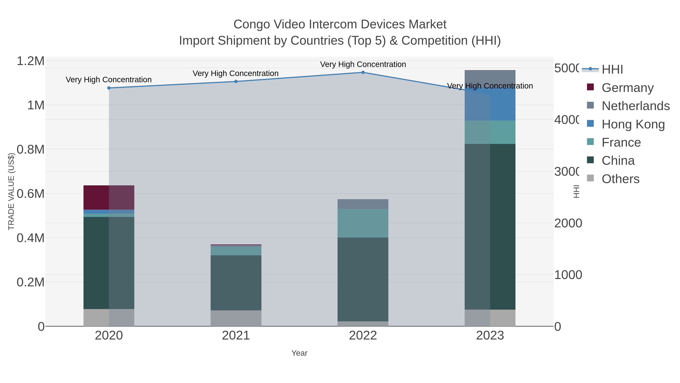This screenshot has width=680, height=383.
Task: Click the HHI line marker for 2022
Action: tap(363, 72)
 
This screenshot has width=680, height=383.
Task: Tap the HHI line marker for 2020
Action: tap(109, 88)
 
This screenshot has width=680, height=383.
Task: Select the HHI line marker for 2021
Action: tap(236, 81)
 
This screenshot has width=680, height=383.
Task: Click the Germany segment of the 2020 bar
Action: tap(109, 197)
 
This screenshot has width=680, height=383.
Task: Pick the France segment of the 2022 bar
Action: tap(363, 223)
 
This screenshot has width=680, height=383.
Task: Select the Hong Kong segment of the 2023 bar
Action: tap(490, 104)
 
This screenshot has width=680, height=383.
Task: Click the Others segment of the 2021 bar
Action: tap(236, 318)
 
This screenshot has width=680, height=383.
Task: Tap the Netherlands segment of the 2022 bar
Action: tap(363, 204)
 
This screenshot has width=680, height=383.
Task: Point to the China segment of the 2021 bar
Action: tap(236, 283)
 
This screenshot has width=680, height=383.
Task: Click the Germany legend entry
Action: tap(627, 88)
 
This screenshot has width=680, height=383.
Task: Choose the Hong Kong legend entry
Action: tap(633, 124)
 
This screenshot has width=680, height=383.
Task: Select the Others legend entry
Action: tap(620, 179)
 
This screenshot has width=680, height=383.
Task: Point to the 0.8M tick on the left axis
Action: tap(31, 150)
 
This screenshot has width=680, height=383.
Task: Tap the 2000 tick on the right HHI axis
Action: tap(568, 223)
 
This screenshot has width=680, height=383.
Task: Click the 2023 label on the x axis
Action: tap(490, 336)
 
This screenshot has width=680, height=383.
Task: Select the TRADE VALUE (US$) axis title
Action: tap(11, 191)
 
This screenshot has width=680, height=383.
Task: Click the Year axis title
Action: tap(299, 353)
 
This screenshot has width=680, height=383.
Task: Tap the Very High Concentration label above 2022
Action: tap(363, 64)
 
